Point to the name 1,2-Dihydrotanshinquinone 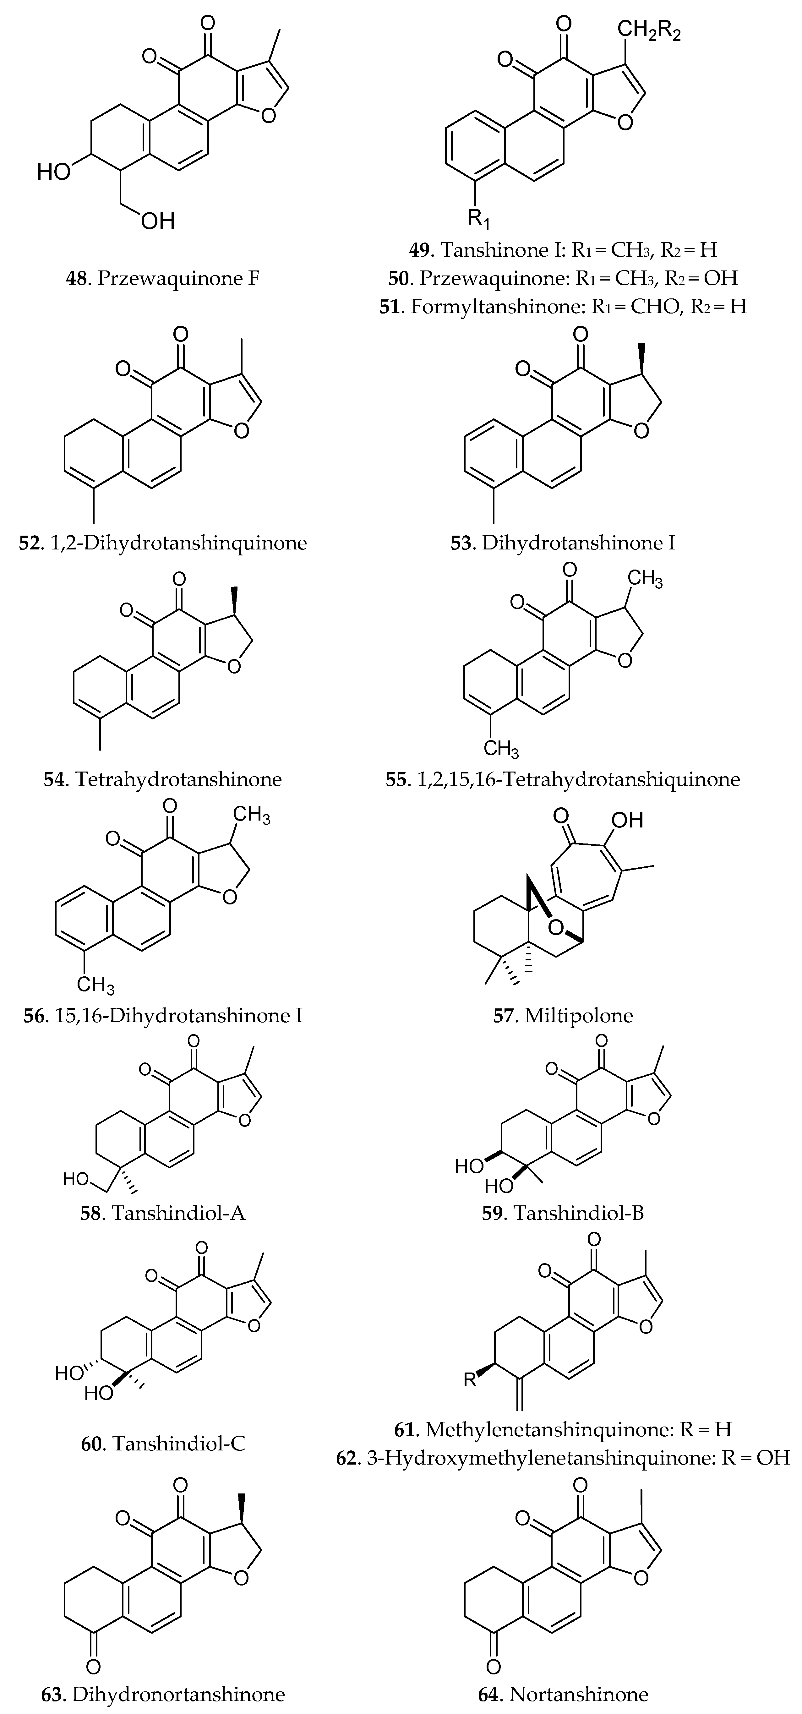click(x=178, y=543)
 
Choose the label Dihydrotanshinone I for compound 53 click(x=578, y=543)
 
